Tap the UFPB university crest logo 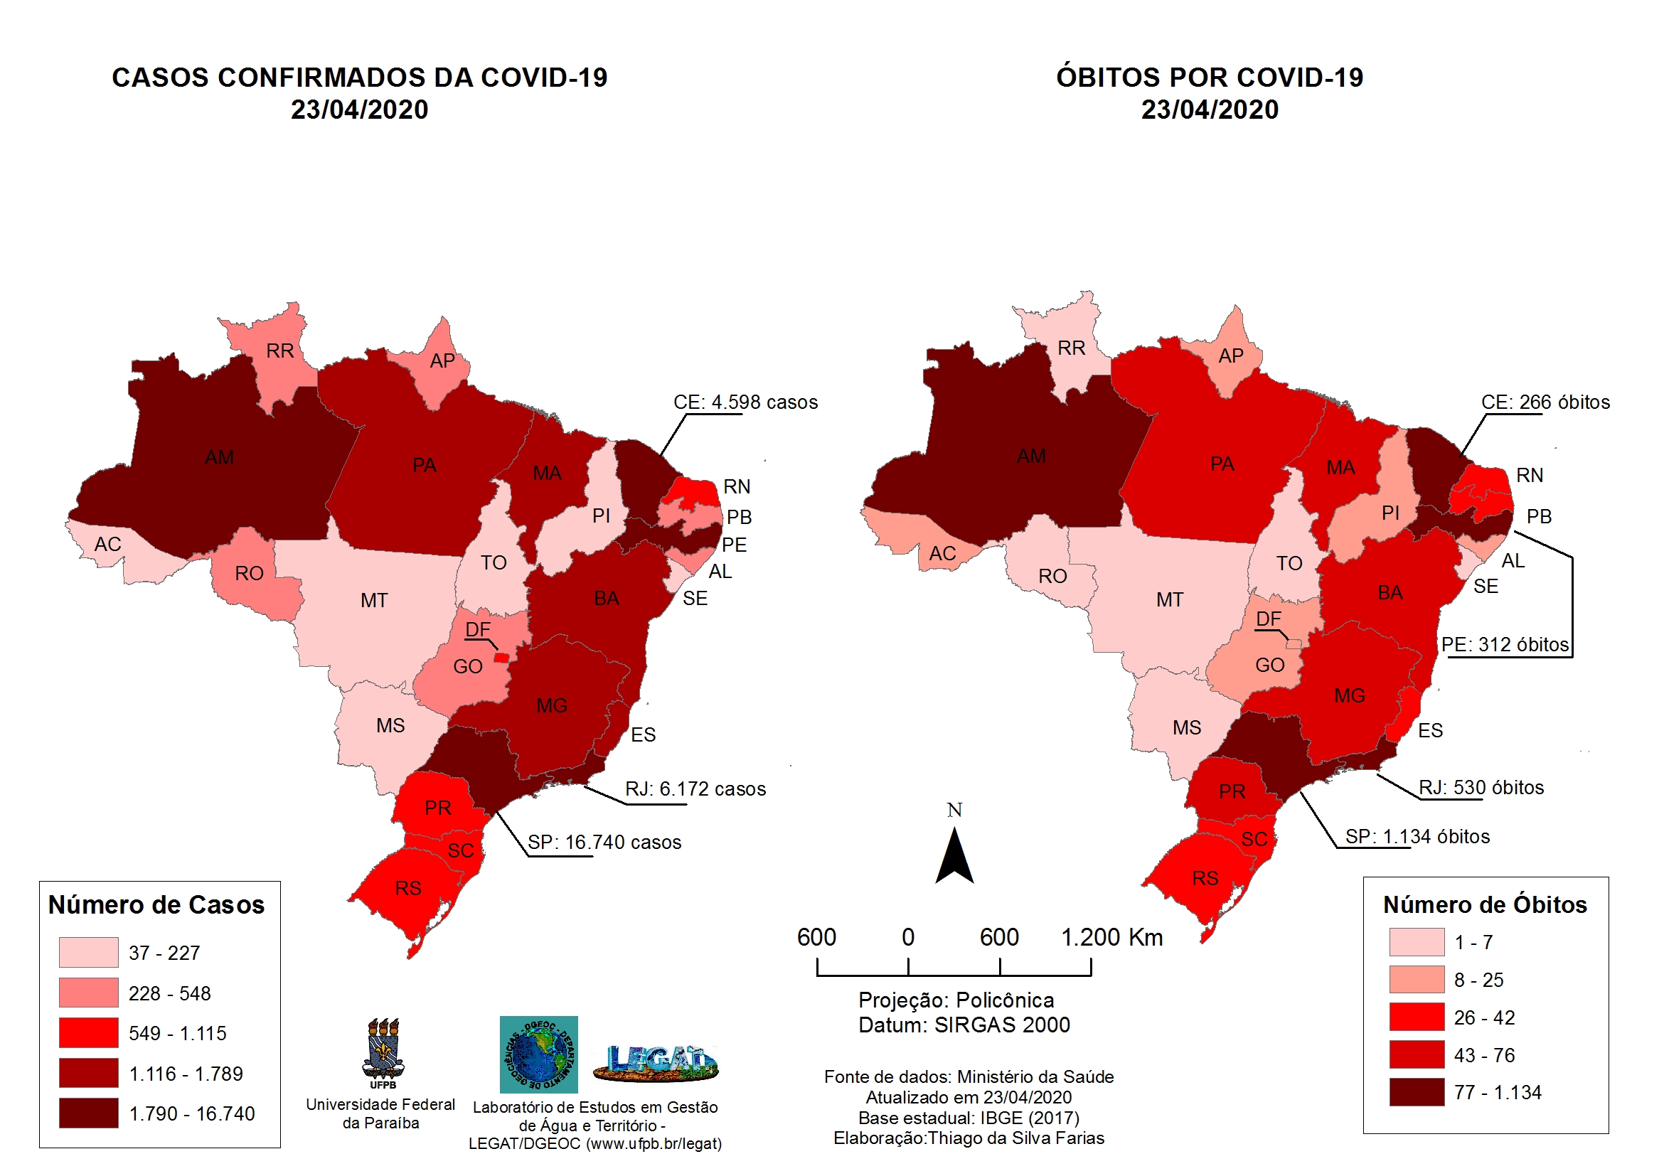point(383,1052)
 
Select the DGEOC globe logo point(538,1055)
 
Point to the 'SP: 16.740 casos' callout point(604,843)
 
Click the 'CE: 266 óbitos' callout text point(1545,402)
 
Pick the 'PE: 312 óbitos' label point(1505,645)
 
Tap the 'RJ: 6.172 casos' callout point(695,789)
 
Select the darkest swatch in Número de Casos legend point(88,1113)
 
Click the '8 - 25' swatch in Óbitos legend point(1417,980)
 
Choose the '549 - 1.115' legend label point(178,1034)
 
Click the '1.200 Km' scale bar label point(1111,938)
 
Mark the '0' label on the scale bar point(908,938)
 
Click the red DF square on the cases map point(501,658)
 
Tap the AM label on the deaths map point(1031,456)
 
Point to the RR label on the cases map point(279,351)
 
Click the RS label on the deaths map point(1205,879)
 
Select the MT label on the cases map point(374,601)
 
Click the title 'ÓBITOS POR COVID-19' point(1210,77)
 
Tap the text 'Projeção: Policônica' point(956,1000)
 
